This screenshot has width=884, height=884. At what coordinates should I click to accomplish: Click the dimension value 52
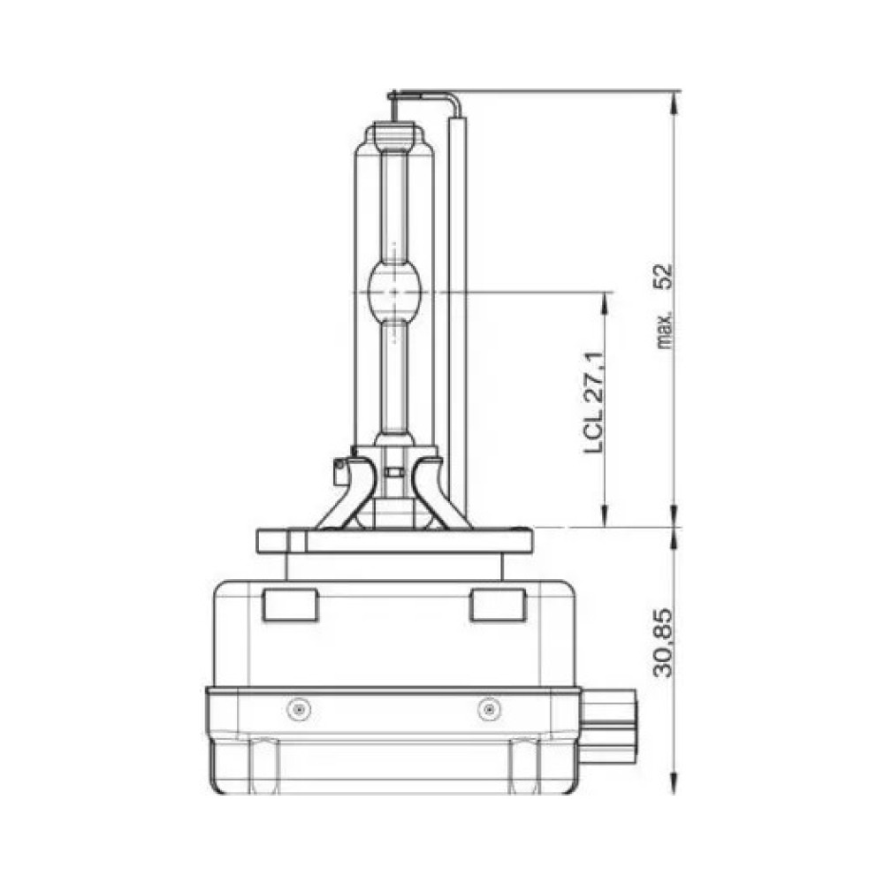(x=666, y=276)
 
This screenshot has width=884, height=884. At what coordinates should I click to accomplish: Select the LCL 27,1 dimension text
(x=594, y=403)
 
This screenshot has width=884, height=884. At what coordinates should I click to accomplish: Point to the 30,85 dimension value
(x=664, y=642)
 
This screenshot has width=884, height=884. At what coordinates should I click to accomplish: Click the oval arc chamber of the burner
(x=394, y=292)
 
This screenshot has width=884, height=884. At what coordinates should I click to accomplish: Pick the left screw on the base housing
(x=299, y=709)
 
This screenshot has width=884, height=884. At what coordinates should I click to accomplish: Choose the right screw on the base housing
(x=489, y=709)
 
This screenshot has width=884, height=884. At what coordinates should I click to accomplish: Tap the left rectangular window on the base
(x=290, y=605)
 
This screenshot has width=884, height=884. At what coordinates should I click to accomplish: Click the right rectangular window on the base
(x=498, y=605)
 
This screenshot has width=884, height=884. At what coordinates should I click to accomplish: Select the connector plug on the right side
(x=609, y=727)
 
